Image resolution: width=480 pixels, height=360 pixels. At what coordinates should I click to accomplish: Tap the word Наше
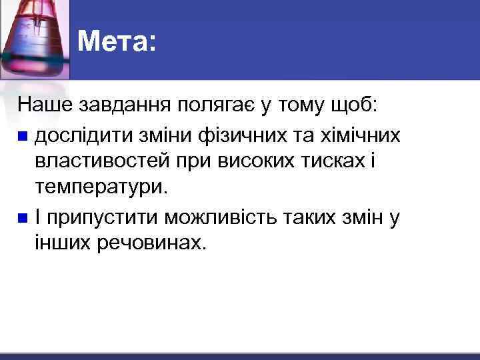coord(45,105)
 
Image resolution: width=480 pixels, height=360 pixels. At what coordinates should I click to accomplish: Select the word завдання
coord(125,105)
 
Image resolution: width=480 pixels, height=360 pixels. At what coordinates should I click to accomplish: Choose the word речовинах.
coord(153,244)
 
